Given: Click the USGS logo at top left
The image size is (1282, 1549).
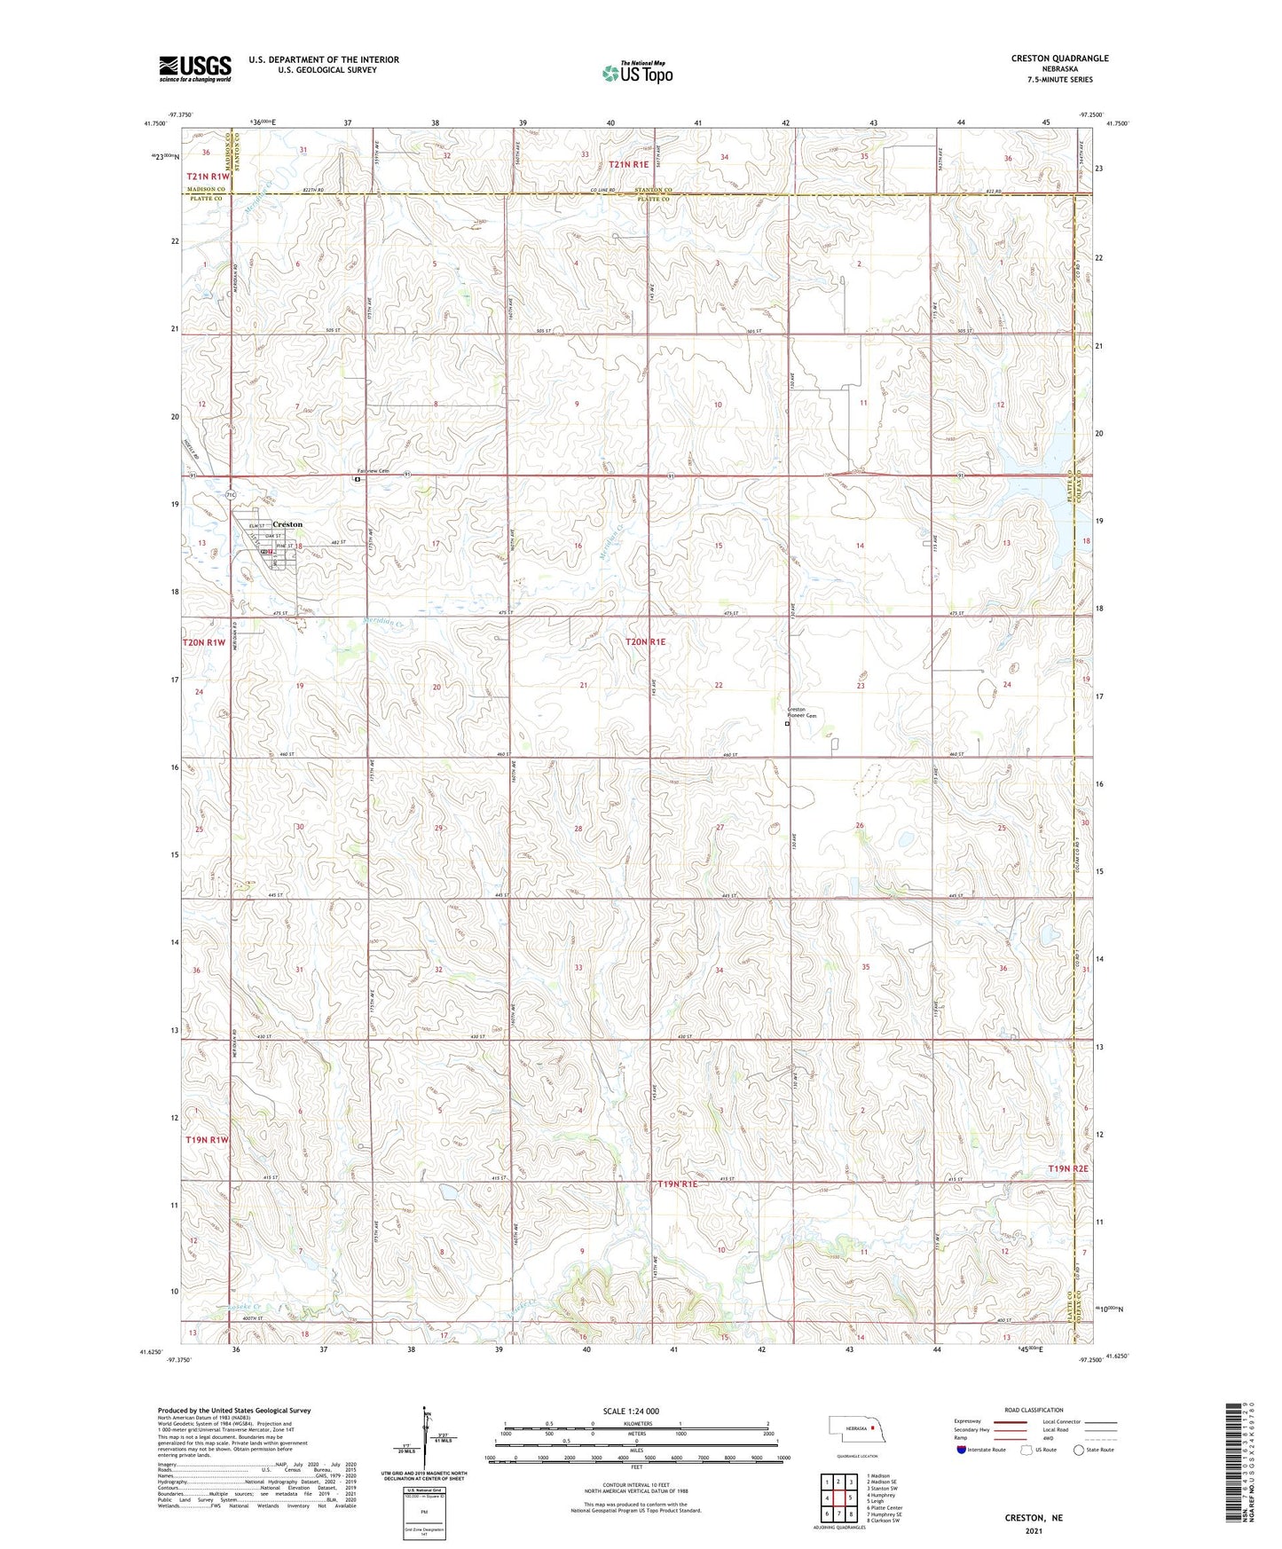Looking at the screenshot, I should coord(194,67).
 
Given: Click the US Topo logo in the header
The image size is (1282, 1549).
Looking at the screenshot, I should coord(636,73).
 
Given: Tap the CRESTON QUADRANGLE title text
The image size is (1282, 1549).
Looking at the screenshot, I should coord(1059,59).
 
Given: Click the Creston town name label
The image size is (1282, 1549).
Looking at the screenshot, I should coord(287,524).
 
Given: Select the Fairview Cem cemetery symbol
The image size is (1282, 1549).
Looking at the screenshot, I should coord(357,479).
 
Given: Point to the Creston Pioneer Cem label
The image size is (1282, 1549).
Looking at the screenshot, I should coord(801,712).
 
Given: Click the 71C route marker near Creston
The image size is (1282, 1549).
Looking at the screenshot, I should coord(231,493).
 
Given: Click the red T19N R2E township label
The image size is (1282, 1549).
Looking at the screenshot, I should coord(1067,1169).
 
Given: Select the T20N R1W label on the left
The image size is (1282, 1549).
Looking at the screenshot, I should coord(204,642).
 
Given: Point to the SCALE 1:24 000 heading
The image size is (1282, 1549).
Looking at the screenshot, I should coord(631,1411).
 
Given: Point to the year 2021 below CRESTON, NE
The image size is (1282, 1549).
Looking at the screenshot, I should coord(1033,1530).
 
